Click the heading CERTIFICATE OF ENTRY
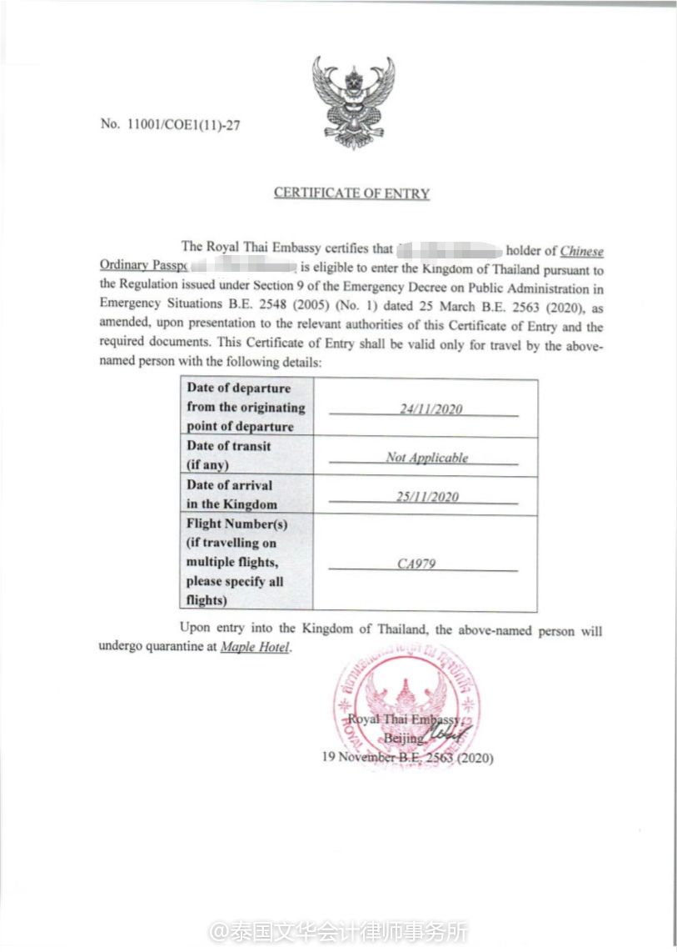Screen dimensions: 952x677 click(x=351, y=193)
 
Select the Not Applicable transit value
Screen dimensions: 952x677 click(x=426, y=457)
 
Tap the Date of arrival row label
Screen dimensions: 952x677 click(x=230, y=494)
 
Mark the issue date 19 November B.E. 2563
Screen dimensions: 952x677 click(x=407, y=759)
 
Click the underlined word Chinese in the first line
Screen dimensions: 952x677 click(x=581, y=250)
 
